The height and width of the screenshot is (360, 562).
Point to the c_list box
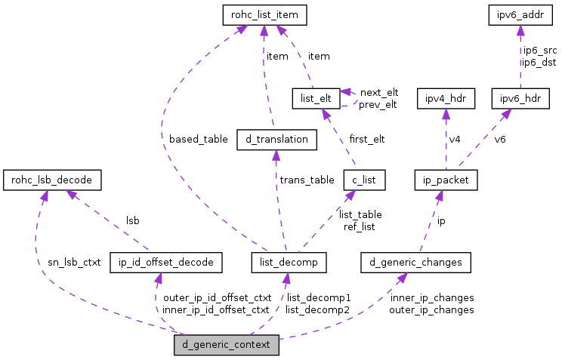point(365,180)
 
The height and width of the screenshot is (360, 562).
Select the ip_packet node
point(446,180)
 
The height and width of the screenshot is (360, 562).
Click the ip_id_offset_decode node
point(166,262)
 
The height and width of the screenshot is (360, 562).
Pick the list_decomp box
point(289,262)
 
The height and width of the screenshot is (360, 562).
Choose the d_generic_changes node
point(416,262)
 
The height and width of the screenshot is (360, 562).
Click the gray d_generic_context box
point(227,346)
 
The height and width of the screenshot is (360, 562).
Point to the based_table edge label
point(198,140)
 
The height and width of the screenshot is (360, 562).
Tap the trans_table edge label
point(307,180)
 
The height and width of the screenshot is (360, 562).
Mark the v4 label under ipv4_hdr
point(455,140)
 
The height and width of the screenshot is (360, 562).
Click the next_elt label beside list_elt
point(378,92)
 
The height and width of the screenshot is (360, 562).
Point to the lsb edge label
point(132,221)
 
